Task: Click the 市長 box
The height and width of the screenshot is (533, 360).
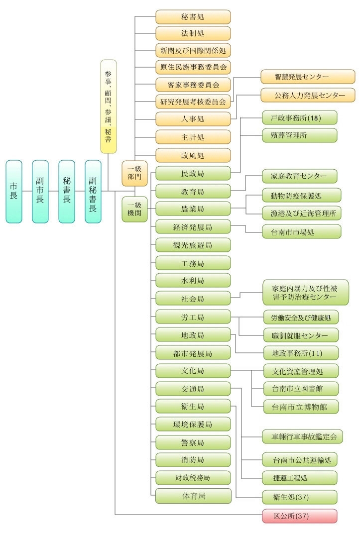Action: (x=14, y=191)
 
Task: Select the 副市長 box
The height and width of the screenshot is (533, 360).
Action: (x=40, y=191)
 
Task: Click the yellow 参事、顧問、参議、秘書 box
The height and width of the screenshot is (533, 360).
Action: (x=109, y=107)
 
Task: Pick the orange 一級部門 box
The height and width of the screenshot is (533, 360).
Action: (x=134, y=173)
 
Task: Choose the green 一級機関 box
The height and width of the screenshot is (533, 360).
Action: (x=134, y=209)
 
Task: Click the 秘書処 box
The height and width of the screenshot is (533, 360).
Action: (x=193, y=17)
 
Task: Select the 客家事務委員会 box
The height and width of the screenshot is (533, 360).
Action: (x=193, y=84)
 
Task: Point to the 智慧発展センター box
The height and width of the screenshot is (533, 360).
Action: (x=308, y=77)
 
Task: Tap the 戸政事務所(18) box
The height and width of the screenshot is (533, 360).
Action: (x=300, y=117)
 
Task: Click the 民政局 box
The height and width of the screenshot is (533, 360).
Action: (x=193, y=173)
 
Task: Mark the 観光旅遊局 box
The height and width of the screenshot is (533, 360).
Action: (x=193, y=245)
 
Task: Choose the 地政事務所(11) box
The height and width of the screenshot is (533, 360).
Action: (x=301, y=353)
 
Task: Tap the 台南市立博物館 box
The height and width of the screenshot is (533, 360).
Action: (x=301, y=407)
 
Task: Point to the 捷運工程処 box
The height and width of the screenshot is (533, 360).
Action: (x=300, y=478)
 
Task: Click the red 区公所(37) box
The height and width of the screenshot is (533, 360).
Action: (x=300, y=516)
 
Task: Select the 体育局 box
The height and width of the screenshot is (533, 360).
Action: (x=193, y=496)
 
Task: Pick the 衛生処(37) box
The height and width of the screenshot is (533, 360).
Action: (x=300, y=497)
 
